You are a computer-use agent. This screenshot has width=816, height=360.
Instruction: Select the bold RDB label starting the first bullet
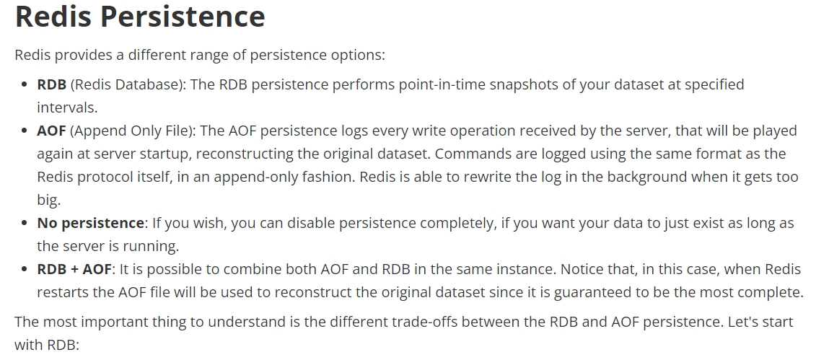(x=51, y=84)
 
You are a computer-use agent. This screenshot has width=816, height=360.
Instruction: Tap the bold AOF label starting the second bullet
(x=51, y=131)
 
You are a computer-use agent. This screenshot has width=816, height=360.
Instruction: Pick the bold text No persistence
(x=91, y=223)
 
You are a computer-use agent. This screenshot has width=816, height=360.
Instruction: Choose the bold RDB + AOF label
(x=74, y=269)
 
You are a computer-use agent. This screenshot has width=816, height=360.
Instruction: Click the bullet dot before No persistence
(x=24, y=224)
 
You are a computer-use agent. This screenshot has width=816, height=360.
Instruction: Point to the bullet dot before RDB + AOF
(x=24, y=270)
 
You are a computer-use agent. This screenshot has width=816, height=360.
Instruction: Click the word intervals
(x=67, y=107)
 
